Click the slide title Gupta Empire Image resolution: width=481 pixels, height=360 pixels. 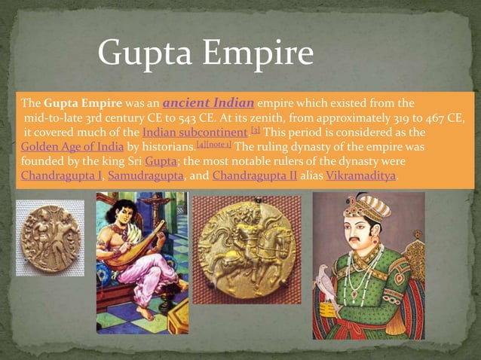pyautogui.click(x=205, y=54)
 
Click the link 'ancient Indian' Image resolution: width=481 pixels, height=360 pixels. pyautogui.click(x=208, y=102)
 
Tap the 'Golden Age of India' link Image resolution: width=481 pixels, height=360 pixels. pyautogui.click(x=72, y=148)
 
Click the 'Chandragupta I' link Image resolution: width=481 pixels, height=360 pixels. pyautogui.click(x=63, y=177)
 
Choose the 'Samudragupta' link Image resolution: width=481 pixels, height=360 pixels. pyautogui.click(x=145, y=177)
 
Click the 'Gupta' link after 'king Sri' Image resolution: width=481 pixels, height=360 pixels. pyautogui.click(x=161, y=162)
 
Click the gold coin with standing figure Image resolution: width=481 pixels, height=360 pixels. pyautogui.click(x=51, y=237)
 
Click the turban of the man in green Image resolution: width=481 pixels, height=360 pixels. pyautogui.click(x=367, y=206)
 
